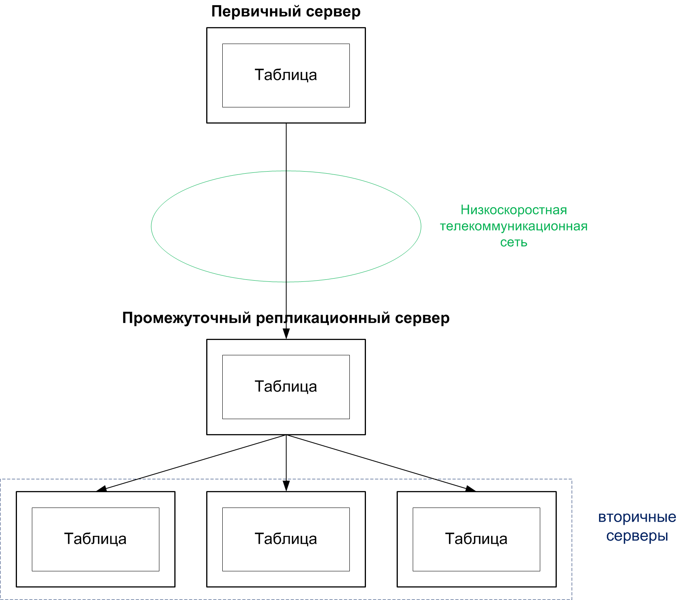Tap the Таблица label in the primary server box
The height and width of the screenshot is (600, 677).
(286, 75)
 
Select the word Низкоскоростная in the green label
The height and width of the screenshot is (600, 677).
(514, 210)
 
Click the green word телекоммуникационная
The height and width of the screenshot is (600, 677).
(514, 226)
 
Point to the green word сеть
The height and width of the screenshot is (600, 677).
(514, 242)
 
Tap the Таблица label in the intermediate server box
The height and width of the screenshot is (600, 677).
(286, 387)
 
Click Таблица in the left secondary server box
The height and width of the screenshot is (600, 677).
(95, 539)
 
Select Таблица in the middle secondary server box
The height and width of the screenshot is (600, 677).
(286, 539)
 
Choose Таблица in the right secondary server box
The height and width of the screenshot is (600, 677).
(476, 539)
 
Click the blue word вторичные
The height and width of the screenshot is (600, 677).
(637, 517)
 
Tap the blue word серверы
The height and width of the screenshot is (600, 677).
(637, 536)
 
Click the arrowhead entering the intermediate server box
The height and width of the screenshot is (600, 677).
(286, 334)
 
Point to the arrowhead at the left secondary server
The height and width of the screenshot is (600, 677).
(102, 489)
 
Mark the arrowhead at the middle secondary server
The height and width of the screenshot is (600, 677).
(286, 486)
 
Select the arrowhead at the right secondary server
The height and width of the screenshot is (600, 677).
(470, 489)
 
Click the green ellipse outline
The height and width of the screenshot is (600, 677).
(151, 226)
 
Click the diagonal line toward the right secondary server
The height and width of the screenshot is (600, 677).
(379, 463)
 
